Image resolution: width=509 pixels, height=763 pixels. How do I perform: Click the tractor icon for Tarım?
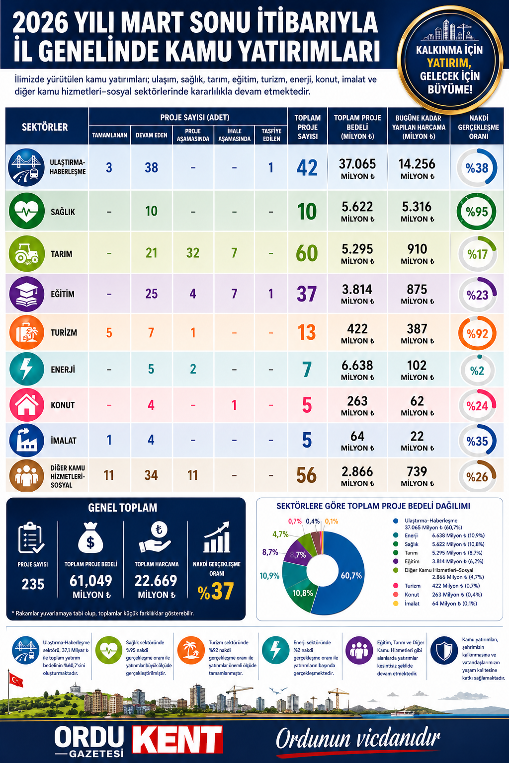point(26,253)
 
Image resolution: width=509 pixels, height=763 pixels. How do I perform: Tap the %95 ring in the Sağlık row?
point(476,212)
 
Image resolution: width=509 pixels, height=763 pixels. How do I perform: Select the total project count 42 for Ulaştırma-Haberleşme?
point(307,167)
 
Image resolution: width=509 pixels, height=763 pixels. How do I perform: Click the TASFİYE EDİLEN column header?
point(271,135)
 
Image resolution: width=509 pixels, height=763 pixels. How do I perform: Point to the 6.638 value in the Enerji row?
point(357,366)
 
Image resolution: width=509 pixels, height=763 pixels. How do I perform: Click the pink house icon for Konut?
point(26,404)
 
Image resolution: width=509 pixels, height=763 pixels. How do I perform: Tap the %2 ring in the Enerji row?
point(477,371)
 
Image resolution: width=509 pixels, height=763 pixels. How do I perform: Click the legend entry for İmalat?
point(412,604)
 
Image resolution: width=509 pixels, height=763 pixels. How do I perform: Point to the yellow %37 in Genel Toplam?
point(216,591)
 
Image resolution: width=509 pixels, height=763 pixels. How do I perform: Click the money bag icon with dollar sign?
point(90,538)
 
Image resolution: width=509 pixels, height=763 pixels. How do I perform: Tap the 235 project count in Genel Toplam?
point(33,584)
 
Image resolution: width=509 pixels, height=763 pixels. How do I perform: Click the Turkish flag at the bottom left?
point(16,679)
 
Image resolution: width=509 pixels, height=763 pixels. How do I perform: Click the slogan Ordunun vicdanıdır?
point(358,739)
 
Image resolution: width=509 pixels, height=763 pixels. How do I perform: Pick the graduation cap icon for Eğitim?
point(26,294)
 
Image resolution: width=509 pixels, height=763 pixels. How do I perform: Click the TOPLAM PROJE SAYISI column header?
point(307,127)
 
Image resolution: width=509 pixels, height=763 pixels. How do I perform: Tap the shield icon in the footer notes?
point(443,650)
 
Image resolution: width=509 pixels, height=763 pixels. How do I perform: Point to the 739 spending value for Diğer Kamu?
point(417,471)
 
